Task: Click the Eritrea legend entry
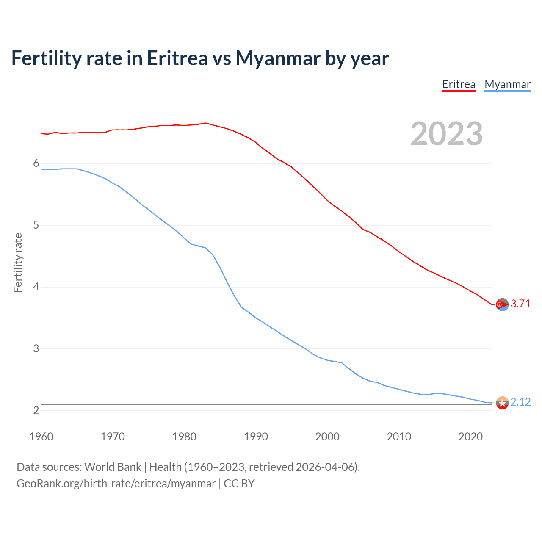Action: tap(459, 84)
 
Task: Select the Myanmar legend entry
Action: tap(507, 84)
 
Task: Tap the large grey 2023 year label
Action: tap(447, 134)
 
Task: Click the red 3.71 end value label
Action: tap(520, 304)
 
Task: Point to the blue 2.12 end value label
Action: tap(520, 402)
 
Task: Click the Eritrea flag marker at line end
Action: tap(502, 304)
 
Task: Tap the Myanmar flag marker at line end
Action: tap(502, 403)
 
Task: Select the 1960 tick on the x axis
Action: tap(41, 437)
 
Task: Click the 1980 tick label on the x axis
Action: tap(184, 437)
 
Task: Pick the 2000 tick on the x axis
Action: tap(327, 437)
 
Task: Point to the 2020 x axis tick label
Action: tap(470, 437)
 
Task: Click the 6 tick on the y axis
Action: tap(36, 163)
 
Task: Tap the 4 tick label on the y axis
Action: tap(36, 287)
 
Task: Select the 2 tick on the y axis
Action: tap(36, 410)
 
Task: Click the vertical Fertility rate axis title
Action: tap(18, 263)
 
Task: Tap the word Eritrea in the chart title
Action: tap(177, 58)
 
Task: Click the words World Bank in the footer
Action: tap(113, 467)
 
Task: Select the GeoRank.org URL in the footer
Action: tap(116, 484)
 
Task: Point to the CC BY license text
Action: tap(239, 484)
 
